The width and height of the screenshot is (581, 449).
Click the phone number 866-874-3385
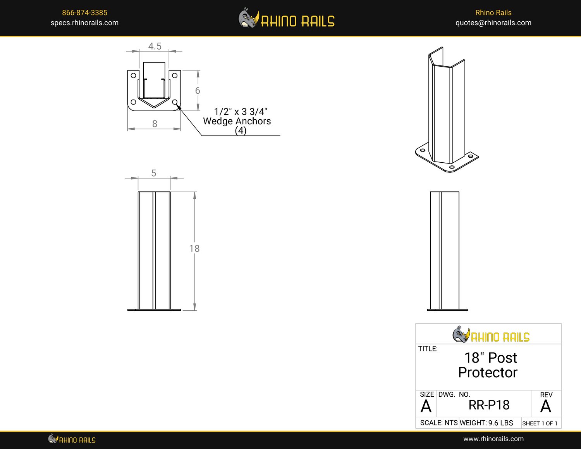coord(84,13)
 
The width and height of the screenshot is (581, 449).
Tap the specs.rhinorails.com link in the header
coord(84,23)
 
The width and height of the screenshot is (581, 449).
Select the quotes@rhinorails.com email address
coord(493,23)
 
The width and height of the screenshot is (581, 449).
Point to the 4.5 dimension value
coord(155,46)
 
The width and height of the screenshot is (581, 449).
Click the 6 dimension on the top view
coord(198,91)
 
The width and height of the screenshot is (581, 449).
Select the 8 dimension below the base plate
coord(155,124)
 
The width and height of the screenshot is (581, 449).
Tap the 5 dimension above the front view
coord(154,173)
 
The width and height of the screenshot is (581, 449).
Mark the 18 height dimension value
coord(194,248)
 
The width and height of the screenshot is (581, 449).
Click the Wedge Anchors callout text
coord(237,121)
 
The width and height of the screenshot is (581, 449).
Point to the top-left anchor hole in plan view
coord(133,76)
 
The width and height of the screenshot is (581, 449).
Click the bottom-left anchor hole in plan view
coord(133,102)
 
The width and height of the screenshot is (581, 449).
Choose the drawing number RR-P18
coord(489,405)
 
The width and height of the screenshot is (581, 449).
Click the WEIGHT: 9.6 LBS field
coord(486,423)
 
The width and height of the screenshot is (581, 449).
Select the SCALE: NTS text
coord(438,423)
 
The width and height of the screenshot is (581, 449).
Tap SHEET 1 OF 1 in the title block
coord(540,423)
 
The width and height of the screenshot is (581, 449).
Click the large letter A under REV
coord(545,407)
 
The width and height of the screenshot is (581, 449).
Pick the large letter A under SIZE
coord(426,407)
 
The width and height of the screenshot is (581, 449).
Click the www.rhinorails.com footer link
coord(493,439)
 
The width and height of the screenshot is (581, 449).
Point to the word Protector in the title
coord(487,373)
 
